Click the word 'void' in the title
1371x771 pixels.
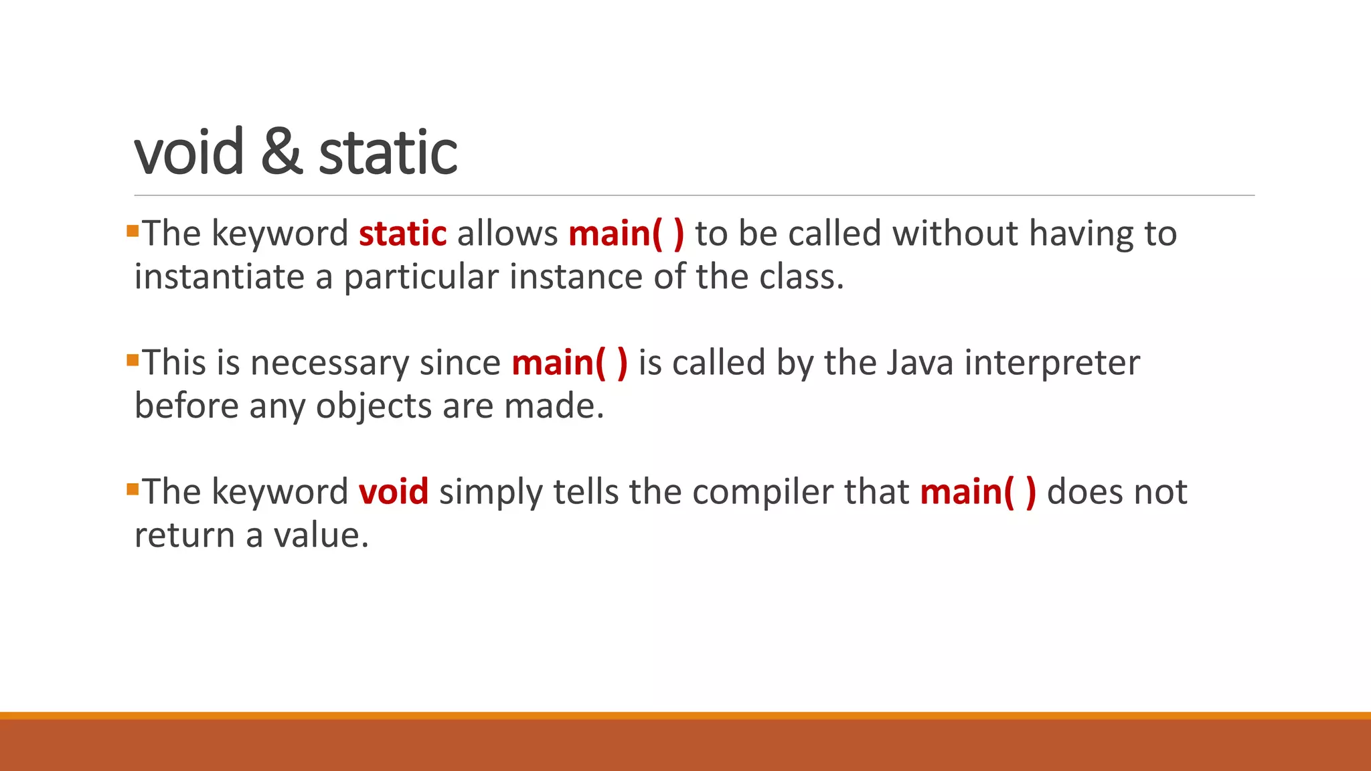[189, 153]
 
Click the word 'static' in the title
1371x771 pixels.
[388, 153]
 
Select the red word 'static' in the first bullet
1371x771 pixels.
[402, 234]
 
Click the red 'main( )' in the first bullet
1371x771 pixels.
[626, 234]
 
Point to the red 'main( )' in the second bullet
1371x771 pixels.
[570, 363]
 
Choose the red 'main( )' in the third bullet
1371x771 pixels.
[978, 492]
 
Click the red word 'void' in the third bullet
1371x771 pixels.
[393, 492]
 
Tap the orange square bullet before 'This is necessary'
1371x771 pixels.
[132, 361]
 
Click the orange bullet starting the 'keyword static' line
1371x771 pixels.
[132, 232]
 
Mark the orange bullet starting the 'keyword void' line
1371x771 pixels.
[132, 490]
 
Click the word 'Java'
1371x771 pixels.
[919, 363]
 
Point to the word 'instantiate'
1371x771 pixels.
[219, 277]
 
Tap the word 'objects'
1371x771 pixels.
[374, 406]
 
